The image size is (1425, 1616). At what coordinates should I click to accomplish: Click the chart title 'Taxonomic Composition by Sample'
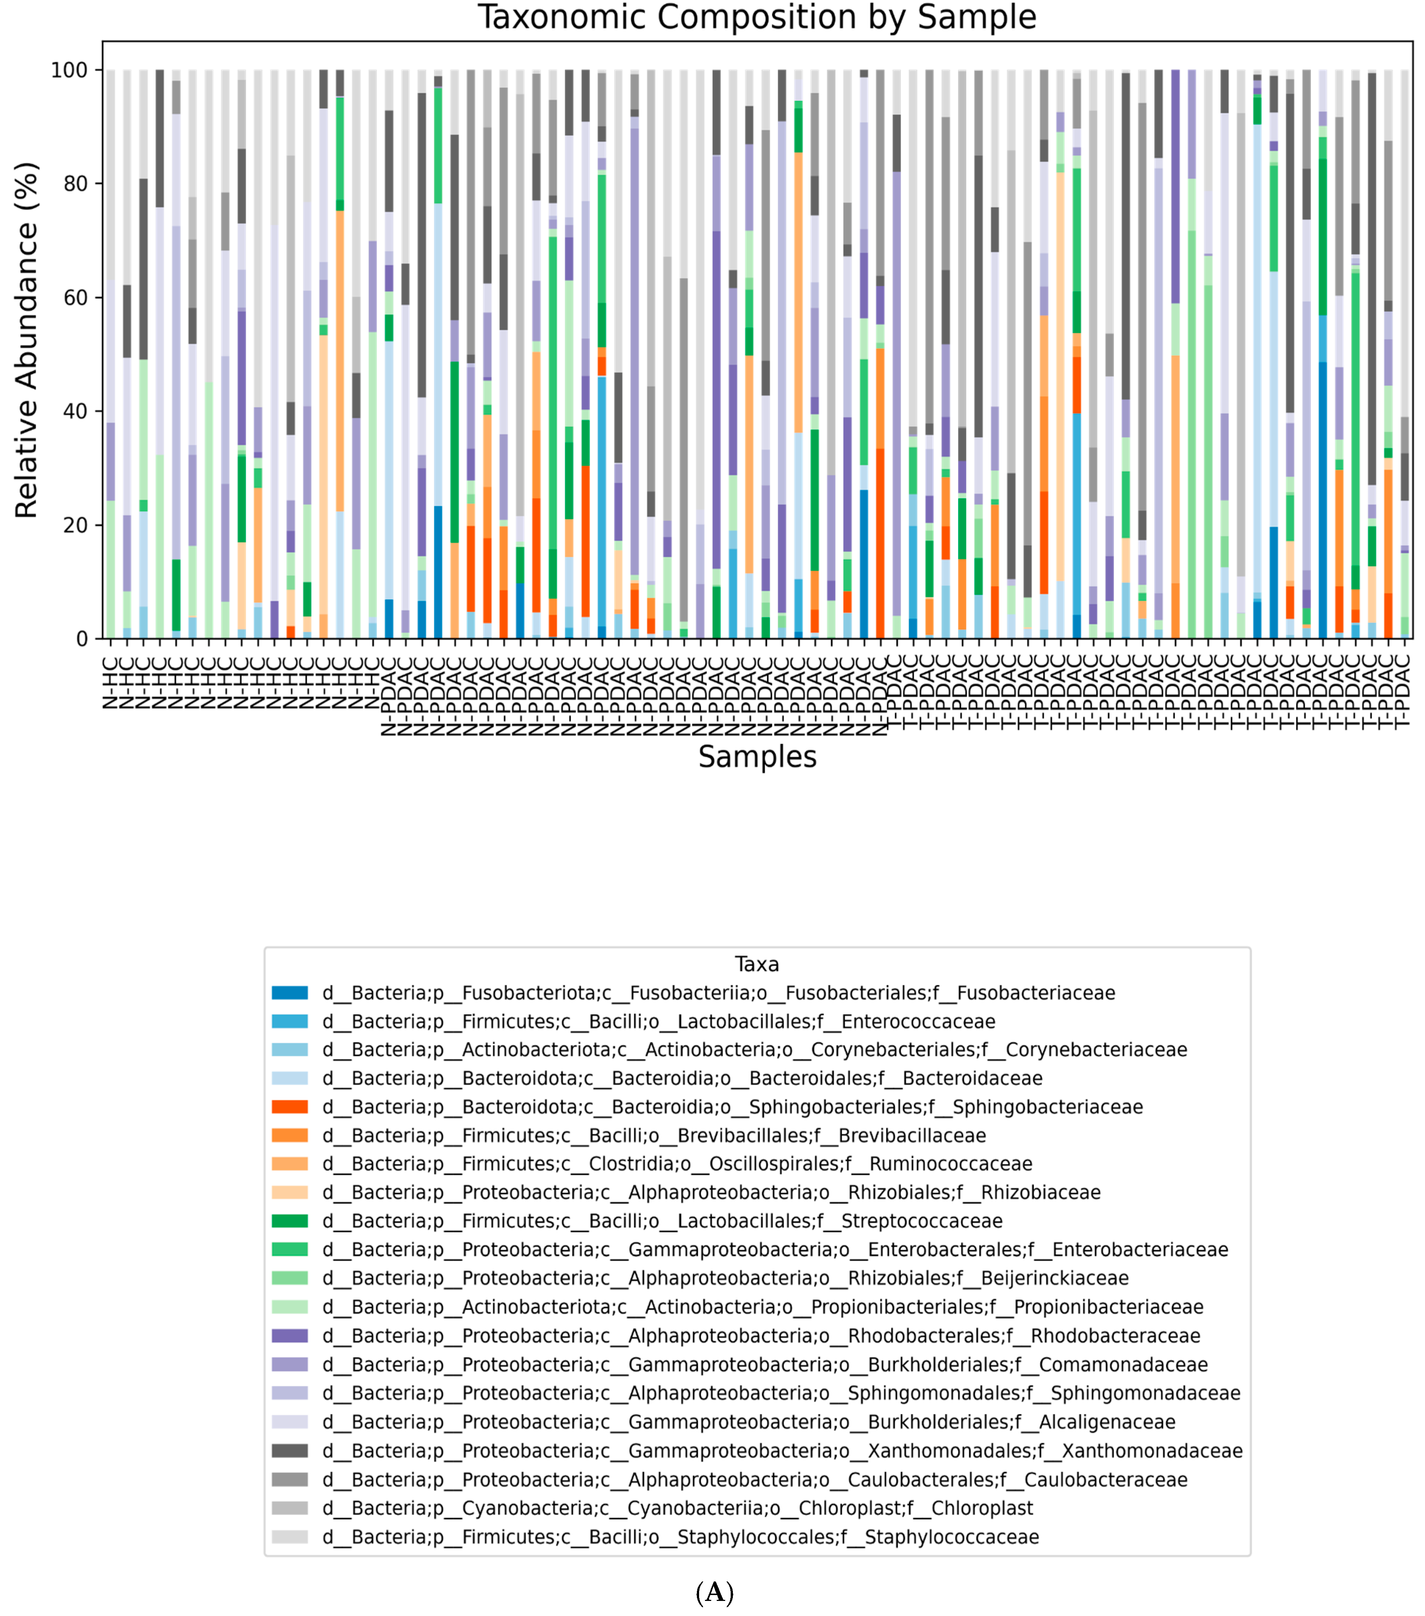click(756, 17)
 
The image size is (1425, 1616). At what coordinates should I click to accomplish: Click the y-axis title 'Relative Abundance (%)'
click(26, 340)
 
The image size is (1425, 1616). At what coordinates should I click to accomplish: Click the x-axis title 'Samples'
click(756, 757)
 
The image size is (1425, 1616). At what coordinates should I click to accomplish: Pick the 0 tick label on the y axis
click(82, 639)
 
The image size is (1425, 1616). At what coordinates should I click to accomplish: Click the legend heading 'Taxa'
click(756, 964)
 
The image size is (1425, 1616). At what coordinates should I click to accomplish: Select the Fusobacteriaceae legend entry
click(717, 993)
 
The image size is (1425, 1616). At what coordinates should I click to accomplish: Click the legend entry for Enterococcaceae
click(658, 1021)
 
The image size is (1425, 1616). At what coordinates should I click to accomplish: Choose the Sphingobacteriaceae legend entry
click(732, 1107)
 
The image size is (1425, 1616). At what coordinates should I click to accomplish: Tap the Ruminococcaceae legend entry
click(677, 1164)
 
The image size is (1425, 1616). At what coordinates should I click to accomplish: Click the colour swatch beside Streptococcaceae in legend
click(289, 1221)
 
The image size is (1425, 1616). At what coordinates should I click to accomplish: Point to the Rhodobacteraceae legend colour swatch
click(289, 1335)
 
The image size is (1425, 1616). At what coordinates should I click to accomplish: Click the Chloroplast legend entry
click(677, 1508)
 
